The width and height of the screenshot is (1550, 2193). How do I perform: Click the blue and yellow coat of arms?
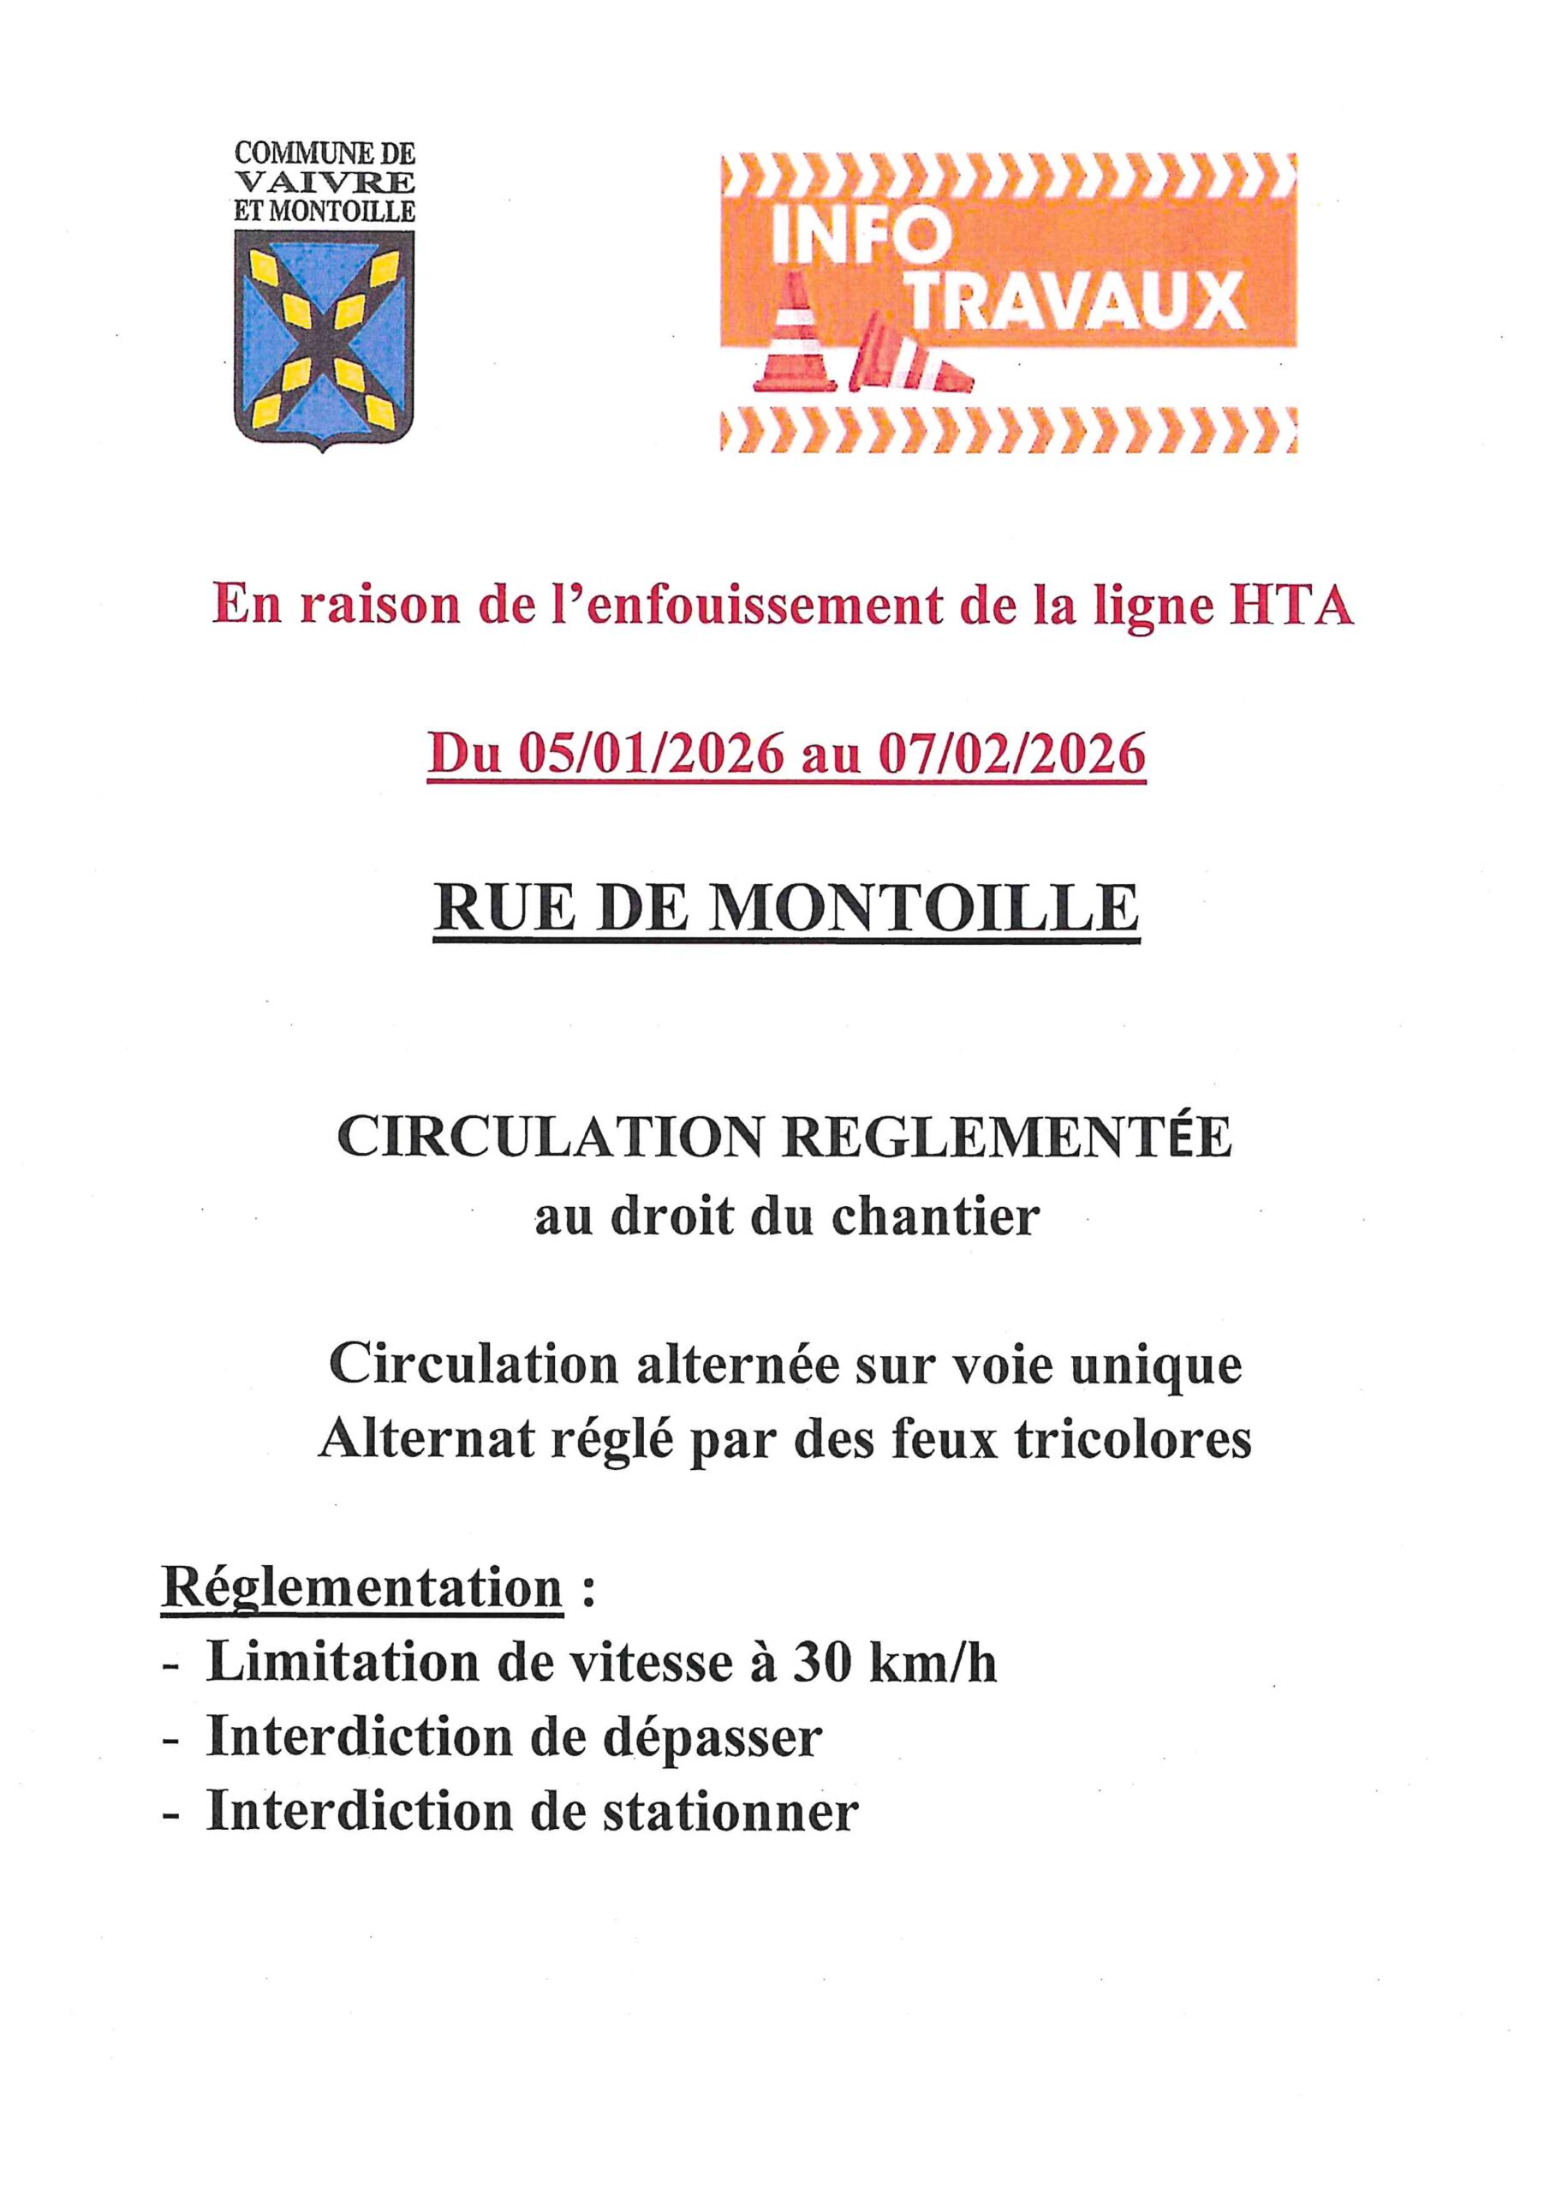pyautogui.click(x=325, y=339)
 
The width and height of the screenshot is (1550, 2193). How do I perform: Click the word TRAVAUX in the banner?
pyautogui.click(x=1076, y=301)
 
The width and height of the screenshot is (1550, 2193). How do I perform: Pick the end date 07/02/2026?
pyautogui.click(x=1011, y=756)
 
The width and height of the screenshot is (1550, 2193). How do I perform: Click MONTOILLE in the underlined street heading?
pyautogui.click(x=921, y=907)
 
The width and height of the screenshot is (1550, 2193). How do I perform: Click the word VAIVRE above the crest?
pyautogui.click(x=325, y=181)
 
